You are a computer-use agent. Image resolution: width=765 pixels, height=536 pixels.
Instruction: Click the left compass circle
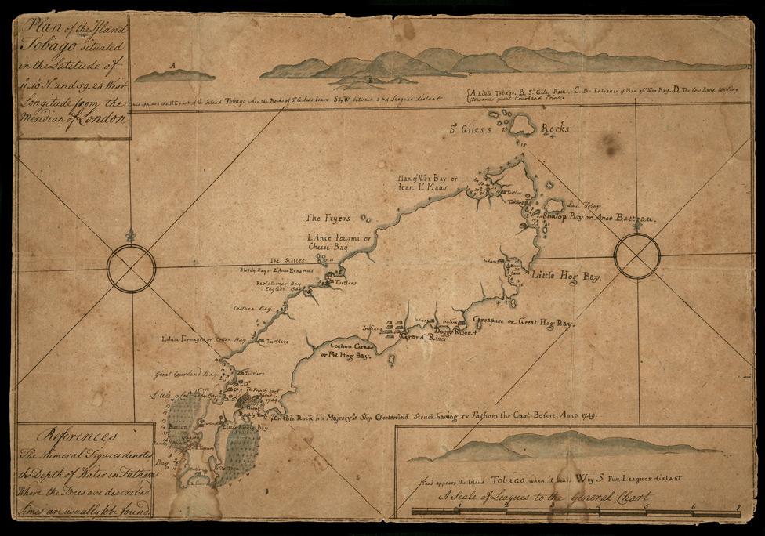(131, 269)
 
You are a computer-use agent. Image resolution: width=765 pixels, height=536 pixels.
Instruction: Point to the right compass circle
(637, 255)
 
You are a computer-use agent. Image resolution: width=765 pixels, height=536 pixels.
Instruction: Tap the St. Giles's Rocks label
(502, 128)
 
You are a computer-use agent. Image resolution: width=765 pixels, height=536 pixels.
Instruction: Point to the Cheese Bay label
(328, 247)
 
